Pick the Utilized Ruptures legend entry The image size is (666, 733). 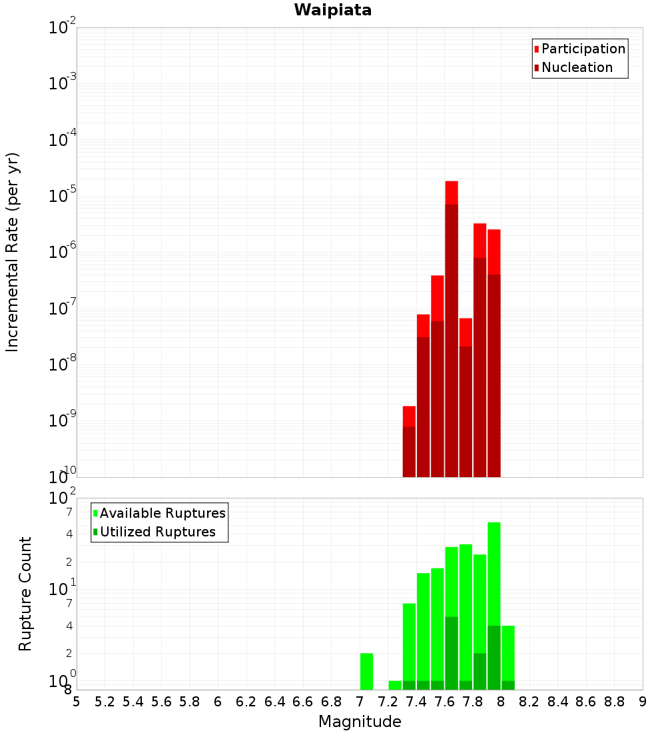[x=157, y=532]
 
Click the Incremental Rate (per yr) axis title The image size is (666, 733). [x=13, y=252]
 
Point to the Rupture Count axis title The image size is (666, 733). [x=25, y=594]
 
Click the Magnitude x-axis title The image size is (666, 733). [x=360, y=722]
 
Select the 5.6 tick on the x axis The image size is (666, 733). [x=161, y=702]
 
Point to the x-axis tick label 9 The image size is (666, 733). [x=643, y=702]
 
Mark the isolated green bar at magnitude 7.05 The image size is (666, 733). [x=366, y=672]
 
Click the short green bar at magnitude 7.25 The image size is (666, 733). [x=395, y=685]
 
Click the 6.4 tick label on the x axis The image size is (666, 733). [x=274, y=702]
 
